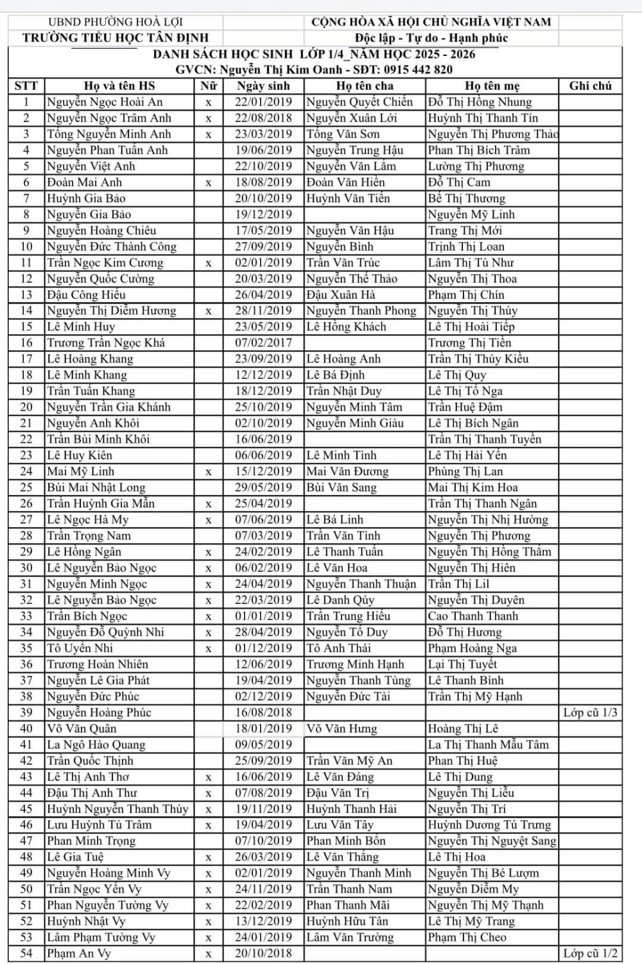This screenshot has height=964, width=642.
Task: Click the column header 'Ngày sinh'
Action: [x=263, y=85]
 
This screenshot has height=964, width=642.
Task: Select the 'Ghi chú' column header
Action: [x=590, y=85]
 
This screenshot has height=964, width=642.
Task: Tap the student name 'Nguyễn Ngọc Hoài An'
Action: [x=105, y=102]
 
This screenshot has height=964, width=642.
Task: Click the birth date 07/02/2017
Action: [x=263, y=343]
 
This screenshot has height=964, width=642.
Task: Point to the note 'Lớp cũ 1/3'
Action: [x=590, y=712]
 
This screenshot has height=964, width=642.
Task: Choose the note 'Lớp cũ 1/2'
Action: [x=590, y=953]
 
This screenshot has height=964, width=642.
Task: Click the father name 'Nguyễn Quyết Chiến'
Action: [x=360, y=102]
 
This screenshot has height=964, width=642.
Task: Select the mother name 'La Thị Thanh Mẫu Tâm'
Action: [x=489, y=744]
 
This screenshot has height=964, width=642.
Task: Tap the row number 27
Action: [x=26, y=519]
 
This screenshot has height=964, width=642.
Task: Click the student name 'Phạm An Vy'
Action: [x=78, y=953]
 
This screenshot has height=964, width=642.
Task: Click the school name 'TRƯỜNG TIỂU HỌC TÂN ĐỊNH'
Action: [x=116, y=38]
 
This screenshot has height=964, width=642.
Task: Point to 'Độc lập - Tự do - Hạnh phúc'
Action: [x=431, y=38]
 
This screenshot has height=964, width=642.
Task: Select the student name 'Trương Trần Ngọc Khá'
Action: [x=106, y=343]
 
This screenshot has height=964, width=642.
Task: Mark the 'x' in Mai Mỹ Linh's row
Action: [x=209, y=472]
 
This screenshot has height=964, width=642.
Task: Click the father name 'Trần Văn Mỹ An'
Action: [x=349, y=760]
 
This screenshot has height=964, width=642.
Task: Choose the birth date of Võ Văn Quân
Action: [x=263, y=728]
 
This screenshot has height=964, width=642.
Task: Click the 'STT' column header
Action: [x=26, y=85]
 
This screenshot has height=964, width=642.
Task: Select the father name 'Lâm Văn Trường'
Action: [x=350, y=937]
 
